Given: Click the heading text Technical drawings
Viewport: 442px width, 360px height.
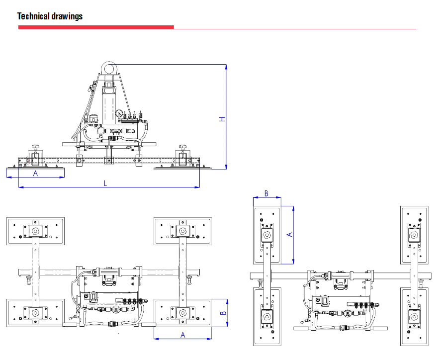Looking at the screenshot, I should [50, 16].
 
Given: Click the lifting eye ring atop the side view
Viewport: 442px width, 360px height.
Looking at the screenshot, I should [109, 67].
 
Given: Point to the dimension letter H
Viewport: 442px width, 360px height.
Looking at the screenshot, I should [223, 119].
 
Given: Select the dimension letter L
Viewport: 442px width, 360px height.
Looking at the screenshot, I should [105, 183].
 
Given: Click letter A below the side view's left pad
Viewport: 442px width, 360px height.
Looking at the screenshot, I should [35, 174].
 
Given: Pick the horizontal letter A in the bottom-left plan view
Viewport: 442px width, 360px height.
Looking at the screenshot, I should [182, 335].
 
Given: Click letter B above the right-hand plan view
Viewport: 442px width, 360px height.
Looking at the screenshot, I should [266, 193].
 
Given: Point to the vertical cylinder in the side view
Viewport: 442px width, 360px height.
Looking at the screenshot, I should [109, 104].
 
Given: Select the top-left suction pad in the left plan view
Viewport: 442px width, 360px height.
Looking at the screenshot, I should [35, 231].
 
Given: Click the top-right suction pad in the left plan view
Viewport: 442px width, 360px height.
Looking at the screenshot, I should [182, 231].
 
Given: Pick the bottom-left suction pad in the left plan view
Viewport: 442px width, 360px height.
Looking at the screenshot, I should [35, 313].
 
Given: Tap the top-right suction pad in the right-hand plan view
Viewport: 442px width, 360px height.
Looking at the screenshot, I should [414, 234].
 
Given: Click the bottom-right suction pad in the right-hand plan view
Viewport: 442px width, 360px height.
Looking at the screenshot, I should [414, 316].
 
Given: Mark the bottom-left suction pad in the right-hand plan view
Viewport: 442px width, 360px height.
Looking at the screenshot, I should [267, 316].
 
